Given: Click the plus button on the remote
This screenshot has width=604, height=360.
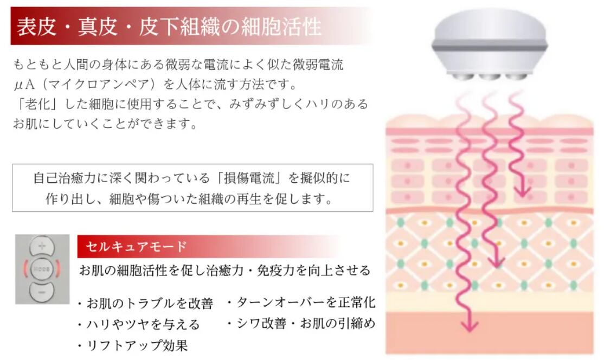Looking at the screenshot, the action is [x=42, y=247].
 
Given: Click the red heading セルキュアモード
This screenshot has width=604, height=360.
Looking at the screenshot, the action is [x=136, y=247].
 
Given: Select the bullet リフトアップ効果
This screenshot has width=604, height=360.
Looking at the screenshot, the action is [x=136, y=345].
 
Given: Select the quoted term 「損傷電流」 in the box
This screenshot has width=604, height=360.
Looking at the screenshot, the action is [x=254, y=178].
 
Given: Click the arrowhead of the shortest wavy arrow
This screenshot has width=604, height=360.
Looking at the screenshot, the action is [x=522, y=191].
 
